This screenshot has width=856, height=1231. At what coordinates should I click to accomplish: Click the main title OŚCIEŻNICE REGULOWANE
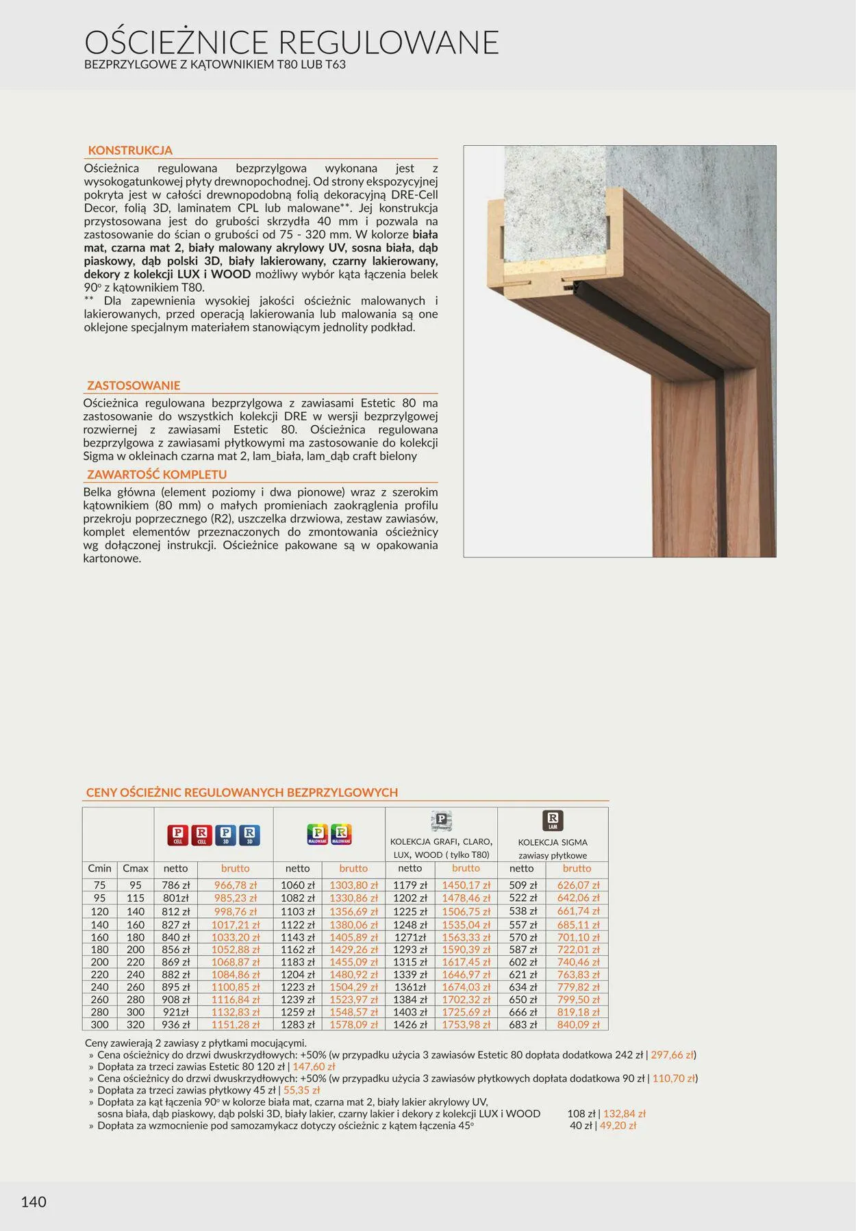pyautogui.click(x=292, y=42)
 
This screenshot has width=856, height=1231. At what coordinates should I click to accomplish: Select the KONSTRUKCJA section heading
pyautogui.click(x=130, y=151)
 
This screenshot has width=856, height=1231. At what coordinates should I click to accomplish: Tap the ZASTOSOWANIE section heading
pyautogui.click(x=134, y=385)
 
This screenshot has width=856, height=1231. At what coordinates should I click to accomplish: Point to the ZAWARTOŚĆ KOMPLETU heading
pyautogui.click(x=157, y=474)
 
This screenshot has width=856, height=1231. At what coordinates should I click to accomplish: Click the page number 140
pyautogui.click(x=34, y=1202)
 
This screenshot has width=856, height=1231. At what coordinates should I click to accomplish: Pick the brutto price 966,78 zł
pyautogui.click(x=236, y=885)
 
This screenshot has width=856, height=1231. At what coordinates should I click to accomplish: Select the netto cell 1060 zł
pyautogui.click(x=297, y=885)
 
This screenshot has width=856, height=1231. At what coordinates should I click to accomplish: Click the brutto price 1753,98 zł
pyautogui.click(x=466, y=1025)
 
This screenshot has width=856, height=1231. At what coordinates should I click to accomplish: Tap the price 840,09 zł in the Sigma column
pyautogui.click(x=578, y=1025)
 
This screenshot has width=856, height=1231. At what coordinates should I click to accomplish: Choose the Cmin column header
pyautogui.click(x=100, y=868)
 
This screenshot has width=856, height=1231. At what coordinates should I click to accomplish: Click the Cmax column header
pyautogui.click(x=136, y=868)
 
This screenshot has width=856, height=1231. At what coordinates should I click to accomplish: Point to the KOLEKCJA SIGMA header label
pyautogui.click(x=553, y=842)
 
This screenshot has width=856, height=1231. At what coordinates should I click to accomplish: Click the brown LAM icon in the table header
pyautogui.click(x=553, y=820)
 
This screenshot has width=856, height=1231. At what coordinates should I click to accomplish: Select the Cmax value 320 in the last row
pyautogui.click(x=136, y=1025)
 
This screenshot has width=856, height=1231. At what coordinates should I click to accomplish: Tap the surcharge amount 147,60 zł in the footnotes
pyautogui.click(x=314, y=1067)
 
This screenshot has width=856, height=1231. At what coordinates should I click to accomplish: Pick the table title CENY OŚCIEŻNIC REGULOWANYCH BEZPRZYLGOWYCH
pyautogui.click(x=242, y=793)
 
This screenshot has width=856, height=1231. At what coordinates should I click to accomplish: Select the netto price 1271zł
pyautogui.click(x=410, y=937)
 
